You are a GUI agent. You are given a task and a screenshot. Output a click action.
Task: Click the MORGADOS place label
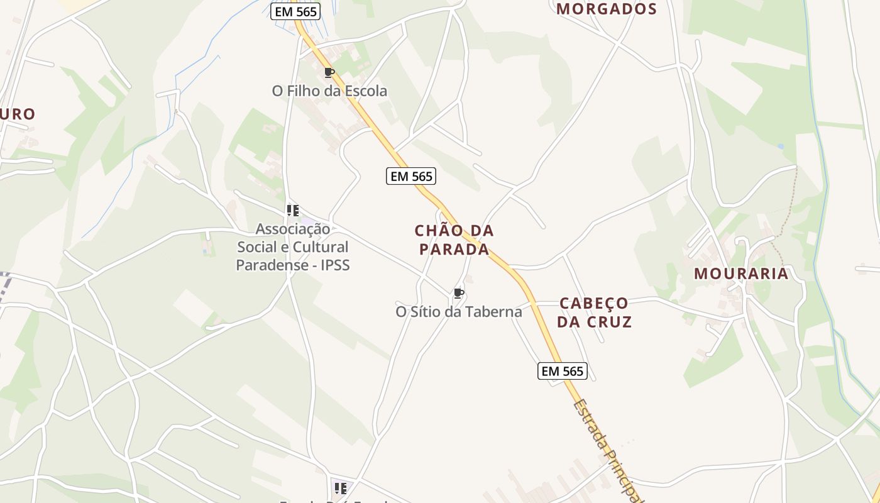click(x=607, y=9)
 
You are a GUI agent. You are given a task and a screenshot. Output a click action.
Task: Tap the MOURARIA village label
click(x=741, y=274)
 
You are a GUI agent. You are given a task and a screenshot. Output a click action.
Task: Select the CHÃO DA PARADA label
click(x=454, y=240)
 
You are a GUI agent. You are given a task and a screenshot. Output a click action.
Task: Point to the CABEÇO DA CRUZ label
click(x=594, y=312)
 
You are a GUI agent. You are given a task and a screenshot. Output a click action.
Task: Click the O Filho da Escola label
click(x=329, y=91)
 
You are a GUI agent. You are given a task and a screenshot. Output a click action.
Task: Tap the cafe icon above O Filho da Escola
click(x=329, y=72)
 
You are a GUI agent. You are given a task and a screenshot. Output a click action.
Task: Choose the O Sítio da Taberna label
click(x=459, y=311)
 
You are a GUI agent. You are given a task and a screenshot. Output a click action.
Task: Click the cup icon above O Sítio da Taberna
click(x=459, y=293)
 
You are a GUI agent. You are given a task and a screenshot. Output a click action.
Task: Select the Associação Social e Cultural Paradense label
click(x=292, y=246)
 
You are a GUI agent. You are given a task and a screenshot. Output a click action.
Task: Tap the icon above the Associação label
click(x=292, y=210)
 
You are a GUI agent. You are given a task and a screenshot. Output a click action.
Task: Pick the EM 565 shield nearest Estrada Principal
click(x=563, y=371)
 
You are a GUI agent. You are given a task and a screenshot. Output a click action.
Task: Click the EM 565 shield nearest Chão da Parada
click(x=411, y=176)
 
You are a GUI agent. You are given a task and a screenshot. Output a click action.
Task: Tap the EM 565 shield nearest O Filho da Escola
click(x=295, y=11)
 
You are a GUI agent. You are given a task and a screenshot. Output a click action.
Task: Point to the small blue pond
click(x=780, y=146)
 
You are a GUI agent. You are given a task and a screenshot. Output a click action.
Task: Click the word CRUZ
click(x=606, y=322)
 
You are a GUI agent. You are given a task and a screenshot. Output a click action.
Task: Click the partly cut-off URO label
click(x=18, y=114)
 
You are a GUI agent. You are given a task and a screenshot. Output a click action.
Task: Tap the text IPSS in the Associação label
click(x=335, y=265)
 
